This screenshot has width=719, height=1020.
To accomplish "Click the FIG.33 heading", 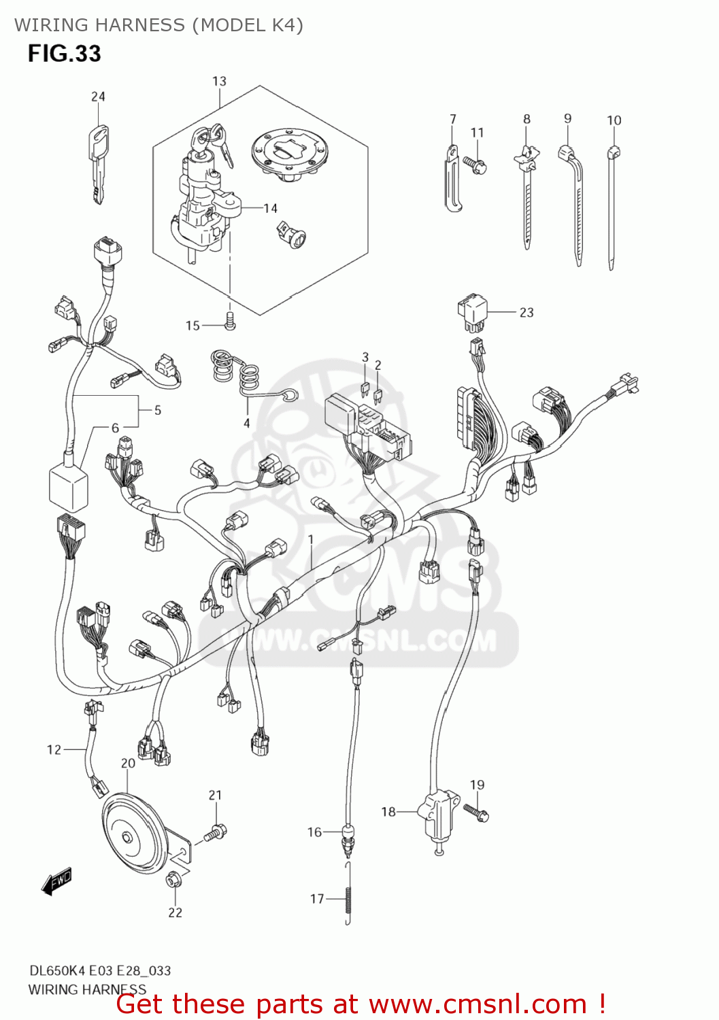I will (64, 54).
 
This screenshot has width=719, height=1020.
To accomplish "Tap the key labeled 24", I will (99, 163).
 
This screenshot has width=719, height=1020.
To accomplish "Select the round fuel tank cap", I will (286, 154).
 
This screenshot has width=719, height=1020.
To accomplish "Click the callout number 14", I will (271, 208).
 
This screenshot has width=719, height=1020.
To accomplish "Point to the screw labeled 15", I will (230, 321).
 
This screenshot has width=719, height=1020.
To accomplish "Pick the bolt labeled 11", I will (475, 164).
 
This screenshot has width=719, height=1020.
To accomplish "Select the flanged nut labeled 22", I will (173, 880).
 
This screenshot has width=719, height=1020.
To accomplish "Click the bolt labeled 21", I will (216, 832).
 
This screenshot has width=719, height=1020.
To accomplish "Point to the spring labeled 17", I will (348, 898).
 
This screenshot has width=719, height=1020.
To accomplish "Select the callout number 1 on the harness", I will (311, 539).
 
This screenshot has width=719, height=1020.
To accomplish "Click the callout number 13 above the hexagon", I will (219, 81).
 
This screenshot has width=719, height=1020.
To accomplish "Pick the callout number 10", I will (614, 120).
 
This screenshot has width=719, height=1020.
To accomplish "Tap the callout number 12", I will (54, 749).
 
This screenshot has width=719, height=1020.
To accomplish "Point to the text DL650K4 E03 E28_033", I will (100, 970).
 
